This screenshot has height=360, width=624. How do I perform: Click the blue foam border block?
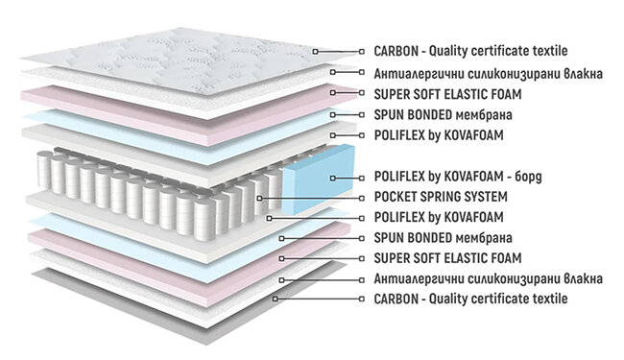pos(319,179)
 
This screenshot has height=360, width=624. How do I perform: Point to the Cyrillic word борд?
pos(528,177)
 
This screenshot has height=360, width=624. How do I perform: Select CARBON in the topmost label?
pos(391,51)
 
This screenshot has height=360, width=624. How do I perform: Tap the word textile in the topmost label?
pos(550,51)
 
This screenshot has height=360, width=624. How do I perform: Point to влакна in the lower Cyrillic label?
pos(583,278)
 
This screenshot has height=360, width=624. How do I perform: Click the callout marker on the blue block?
pos(333,179)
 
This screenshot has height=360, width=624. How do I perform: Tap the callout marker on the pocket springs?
pos(259,198)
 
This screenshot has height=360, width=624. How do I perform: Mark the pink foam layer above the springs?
pos(187,115)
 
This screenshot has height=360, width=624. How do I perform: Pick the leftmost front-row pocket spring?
pos(44,170)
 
